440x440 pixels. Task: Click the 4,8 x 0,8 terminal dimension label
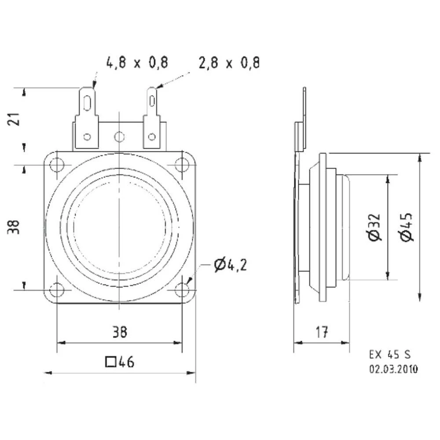(137, 62)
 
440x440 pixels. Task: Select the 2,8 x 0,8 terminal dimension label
(229, 62)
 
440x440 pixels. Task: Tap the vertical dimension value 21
(15, 119)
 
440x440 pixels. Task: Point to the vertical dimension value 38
(15, 227)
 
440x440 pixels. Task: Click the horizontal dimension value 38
(119, 332)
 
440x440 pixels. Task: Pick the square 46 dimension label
(120, 362)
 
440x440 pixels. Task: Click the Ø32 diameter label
(374, 227)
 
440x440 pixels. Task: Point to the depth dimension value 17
(322, 332)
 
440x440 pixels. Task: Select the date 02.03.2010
(393, 369)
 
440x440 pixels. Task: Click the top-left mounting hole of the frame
(57, 165)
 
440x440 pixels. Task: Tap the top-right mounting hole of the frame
(182, 165)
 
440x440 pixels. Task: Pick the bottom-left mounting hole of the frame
(57, 290)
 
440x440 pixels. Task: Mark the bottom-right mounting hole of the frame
(182, 290)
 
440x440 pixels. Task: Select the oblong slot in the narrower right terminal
(152, 100)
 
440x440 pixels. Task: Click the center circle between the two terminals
(119, 137)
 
